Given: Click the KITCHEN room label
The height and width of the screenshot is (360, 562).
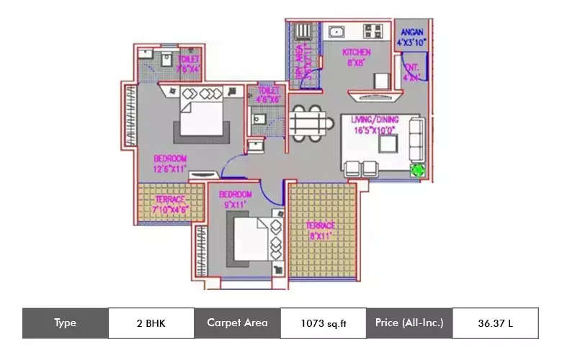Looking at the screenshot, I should [356, 52].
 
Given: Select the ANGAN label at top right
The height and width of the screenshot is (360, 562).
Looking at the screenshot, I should [412, 32].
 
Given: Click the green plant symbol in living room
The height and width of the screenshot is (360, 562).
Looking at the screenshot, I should [417, 170].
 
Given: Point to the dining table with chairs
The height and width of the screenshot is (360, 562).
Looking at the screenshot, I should [311, 124].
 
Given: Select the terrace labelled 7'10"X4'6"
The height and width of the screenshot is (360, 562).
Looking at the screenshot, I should [170, 204].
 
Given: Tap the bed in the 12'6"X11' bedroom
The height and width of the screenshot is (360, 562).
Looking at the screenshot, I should [202, 115].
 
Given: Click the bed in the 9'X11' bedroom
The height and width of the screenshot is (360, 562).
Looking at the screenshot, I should [251, 237].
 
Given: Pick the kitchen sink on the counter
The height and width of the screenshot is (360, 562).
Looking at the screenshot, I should [335, 32].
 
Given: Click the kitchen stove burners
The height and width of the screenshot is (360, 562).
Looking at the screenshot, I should [373, 32].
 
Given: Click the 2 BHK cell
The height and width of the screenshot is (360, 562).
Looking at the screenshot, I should [151, 323].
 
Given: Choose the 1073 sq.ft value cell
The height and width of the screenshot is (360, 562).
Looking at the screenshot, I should [323, 323].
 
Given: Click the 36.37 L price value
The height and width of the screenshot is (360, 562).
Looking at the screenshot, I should [495, 323].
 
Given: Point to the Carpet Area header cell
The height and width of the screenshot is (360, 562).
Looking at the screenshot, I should [237, 323].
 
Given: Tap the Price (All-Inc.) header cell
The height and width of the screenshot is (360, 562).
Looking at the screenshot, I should [409, 323].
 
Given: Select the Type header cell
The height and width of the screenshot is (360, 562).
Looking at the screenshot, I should [65, 323].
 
